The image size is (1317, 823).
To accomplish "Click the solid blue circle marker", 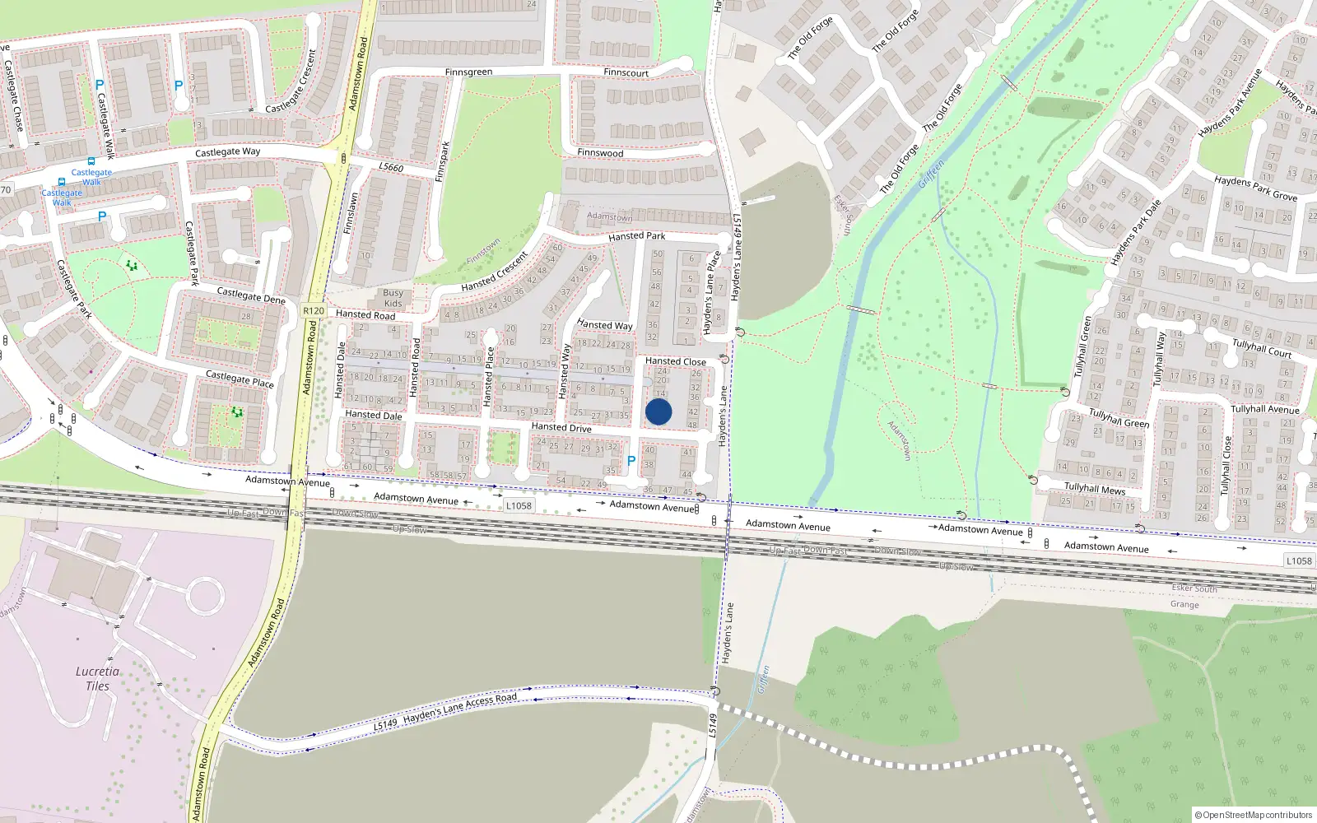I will [658, 411].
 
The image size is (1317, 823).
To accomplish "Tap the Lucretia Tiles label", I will [97, 678].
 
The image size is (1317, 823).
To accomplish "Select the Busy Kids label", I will [393, 298].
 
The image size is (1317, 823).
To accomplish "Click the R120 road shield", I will [314, 311].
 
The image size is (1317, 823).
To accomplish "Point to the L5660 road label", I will [391, 168].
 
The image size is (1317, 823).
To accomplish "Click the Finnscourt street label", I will [626, 72].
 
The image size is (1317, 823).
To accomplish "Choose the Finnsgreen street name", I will [468, 72].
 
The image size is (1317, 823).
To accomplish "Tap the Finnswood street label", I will [600, 153].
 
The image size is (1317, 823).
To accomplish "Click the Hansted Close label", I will [675, 361].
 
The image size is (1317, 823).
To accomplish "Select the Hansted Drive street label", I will [561, 427].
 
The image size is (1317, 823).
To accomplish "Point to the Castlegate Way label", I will [227, 152].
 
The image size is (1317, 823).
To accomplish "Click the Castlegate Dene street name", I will [251, 295].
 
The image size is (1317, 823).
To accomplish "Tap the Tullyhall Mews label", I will [1095, 489].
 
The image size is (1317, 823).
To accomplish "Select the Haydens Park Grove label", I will [1255, 188].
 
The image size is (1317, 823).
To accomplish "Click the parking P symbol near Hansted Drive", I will [631, 462].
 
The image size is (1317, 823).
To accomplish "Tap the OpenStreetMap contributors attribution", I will [1254, 815].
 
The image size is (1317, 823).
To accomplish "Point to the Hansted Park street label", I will [636, 236].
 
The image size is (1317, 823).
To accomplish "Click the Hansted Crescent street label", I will [494, 272].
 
